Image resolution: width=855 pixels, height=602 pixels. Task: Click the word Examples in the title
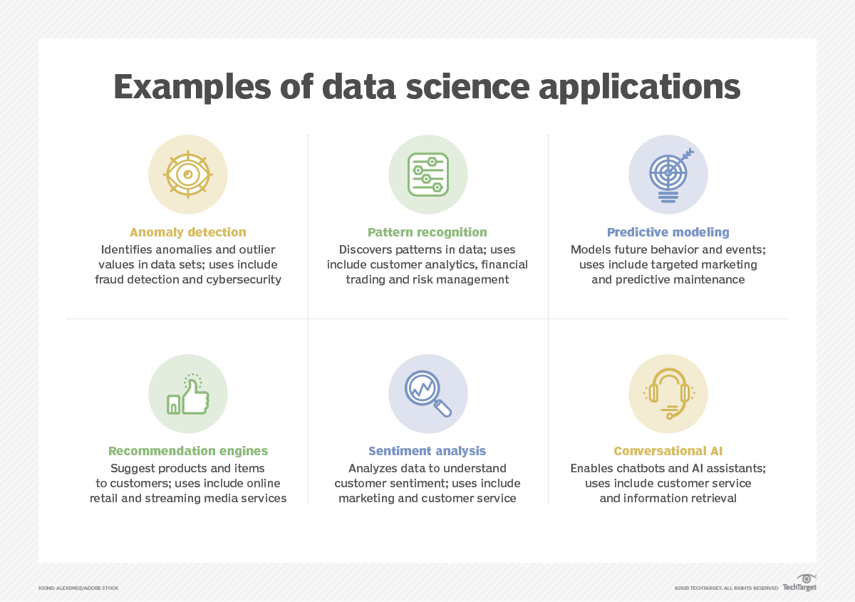pos(192,87)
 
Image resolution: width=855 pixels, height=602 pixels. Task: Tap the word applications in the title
pos(639,87)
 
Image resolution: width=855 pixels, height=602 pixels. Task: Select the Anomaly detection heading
pos(188,232)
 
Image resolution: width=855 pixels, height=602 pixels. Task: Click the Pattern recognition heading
pos(427,232)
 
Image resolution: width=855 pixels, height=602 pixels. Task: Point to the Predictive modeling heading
pos(668,232)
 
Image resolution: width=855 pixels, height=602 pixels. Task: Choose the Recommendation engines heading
pos(188,451)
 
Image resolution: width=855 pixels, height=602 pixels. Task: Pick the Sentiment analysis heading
pos(427,451)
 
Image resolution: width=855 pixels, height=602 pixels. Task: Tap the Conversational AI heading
pos(668,451)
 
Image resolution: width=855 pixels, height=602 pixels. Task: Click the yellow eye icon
pos(188,175)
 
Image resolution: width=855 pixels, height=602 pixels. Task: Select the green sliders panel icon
pos(428,175)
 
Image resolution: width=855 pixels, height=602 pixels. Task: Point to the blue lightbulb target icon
pos(670,175)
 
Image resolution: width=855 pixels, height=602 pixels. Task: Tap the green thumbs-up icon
pos(188,395)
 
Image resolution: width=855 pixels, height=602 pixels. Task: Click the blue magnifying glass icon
pos(428,393)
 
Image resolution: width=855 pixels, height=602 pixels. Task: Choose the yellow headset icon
pos(668,393)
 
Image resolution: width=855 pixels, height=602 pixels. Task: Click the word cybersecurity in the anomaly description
pos(244,279)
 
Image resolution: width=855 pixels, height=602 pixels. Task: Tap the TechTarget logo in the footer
pos(799,583)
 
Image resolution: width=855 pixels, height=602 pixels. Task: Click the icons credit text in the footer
pos(78,588)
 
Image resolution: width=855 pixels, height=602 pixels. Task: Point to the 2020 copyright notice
pos(726,588)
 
